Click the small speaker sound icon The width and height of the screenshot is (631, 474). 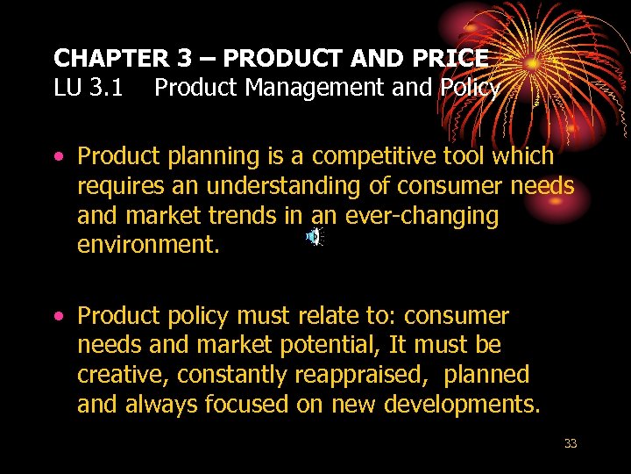click(313, 236)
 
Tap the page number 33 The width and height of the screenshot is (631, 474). click(571, 444)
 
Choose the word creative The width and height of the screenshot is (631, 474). click(123, 376)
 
